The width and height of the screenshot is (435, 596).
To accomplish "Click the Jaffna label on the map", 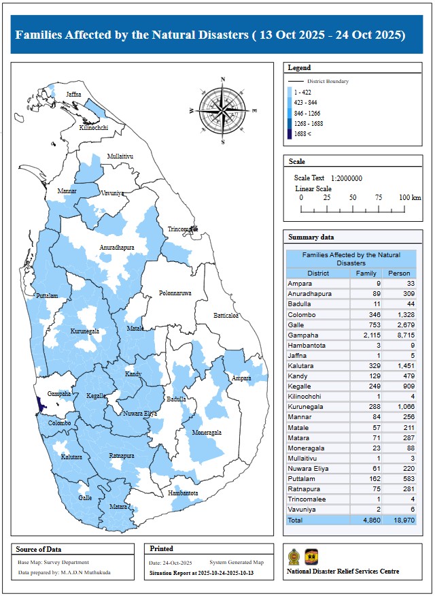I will click(73, 94).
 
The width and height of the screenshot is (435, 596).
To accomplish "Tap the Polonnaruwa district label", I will click(175, 293).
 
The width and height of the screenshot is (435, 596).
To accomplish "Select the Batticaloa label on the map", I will click(226, 316).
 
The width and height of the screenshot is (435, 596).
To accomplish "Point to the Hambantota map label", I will click(183, 493).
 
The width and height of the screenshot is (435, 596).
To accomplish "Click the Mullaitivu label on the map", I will click(120, 156).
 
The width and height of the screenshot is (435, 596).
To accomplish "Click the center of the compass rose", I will click(223, 109).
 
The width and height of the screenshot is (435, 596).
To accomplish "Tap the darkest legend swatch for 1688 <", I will click(290, 134).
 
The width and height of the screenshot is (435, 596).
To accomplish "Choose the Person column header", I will click(399, 274).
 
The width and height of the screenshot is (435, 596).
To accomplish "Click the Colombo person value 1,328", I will click(402, 315).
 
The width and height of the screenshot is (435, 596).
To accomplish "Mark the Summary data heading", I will click(311, 237).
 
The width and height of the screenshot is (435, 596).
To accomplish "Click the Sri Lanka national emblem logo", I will click(294, 557).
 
